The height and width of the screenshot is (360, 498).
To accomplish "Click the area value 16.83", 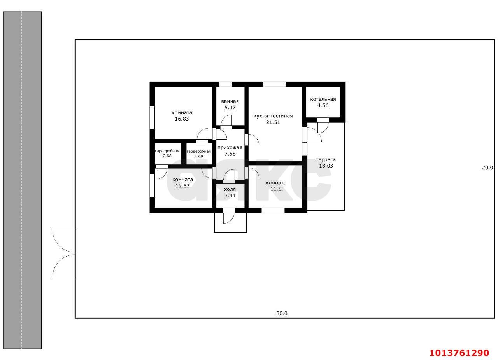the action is (x=182, y=119).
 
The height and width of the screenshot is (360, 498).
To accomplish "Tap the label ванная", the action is (x=230, y=101).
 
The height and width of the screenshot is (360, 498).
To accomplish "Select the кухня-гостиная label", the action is (x=273, y=116).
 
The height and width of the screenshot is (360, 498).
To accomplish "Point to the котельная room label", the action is (x=323, y=99).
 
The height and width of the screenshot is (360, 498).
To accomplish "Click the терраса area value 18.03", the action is (x=326, y=166).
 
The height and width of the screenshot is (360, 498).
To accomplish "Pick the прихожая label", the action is (x=230, y=147).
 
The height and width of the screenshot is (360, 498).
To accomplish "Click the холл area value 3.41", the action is (x=230, y=196).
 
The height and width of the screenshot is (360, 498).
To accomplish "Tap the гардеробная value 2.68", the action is (x=167, y=156).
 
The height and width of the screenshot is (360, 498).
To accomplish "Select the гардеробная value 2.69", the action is (x=199, y=156).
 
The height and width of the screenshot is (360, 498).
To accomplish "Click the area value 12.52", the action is (x=182, y=186).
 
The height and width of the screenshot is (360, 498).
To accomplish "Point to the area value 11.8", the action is (x=276, y=189).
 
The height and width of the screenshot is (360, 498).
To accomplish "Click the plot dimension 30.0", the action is (x=282, y=313).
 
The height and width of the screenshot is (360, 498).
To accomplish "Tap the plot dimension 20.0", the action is (x=487, y=167).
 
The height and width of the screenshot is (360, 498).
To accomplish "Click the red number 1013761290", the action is (x=459, y=353).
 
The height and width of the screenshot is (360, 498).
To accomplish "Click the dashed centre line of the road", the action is (x=21, y=180).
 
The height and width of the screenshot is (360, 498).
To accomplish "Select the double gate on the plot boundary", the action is (x=64, y=253).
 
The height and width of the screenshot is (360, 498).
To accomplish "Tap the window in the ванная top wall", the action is (x=226, y=84).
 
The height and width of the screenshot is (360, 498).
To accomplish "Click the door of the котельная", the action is (x=323, y=125).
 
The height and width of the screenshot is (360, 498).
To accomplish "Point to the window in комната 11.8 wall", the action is (x=273, y=210).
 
